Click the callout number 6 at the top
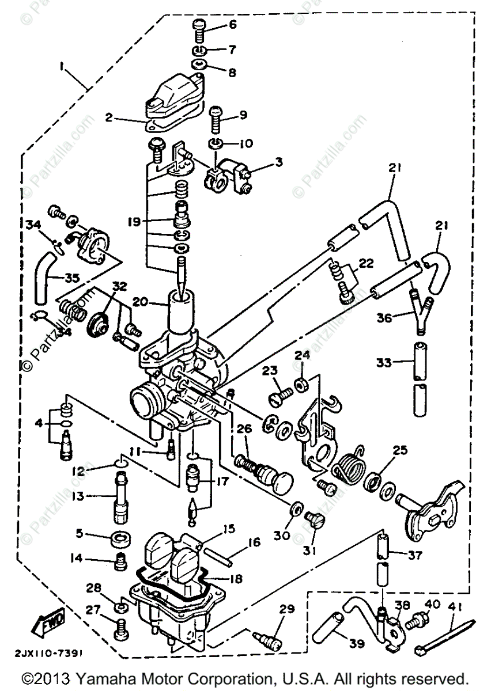coord(233,25)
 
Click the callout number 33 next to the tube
coord(384,363)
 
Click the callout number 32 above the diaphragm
coord(119,285)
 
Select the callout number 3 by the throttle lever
coord(278,163)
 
